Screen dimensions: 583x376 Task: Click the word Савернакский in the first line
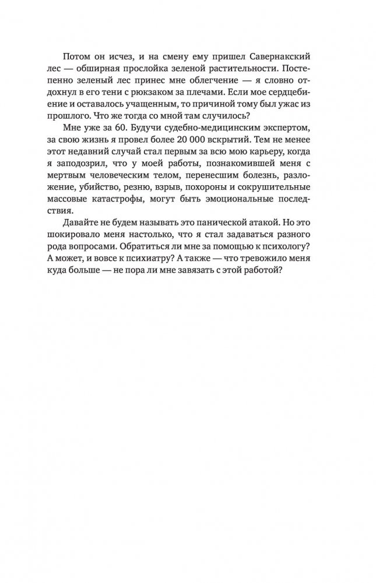(266, 58)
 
